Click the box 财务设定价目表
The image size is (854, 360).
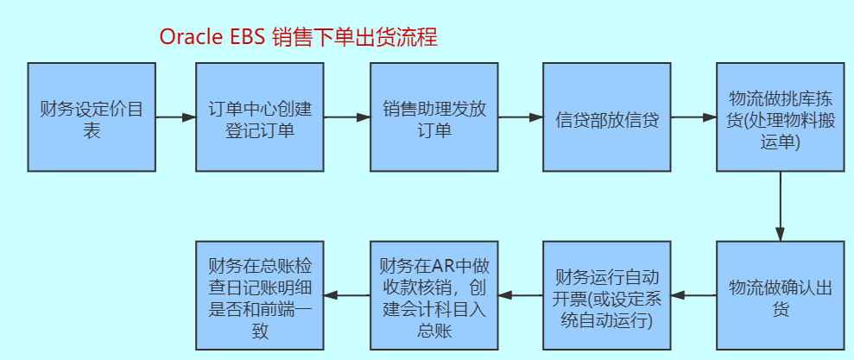(92, 117)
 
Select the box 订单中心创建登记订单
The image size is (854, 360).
(260, 117)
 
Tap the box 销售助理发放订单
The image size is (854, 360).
(433, 117)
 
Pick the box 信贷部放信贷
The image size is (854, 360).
(606, 117)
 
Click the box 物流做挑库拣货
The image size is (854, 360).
(780, 117)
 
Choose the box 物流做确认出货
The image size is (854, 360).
(780, 295)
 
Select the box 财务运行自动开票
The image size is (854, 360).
(606, 295)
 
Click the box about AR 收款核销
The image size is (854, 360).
(433, 295)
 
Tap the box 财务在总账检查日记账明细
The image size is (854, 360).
(260, 295)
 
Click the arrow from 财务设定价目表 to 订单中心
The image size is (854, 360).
(176, 117)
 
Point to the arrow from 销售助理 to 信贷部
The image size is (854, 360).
(520, 117)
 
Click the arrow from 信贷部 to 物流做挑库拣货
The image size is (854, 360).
(693, 117)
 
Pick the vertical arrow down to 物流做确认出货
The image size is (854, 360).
(780, 205)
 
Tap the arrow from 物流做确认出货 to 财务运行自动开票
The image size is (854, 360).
(693, 295)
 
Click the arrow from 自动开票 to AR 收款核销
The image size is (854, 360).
(520, 295)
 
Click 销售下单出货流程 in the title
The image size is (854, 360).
(355, 37)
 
